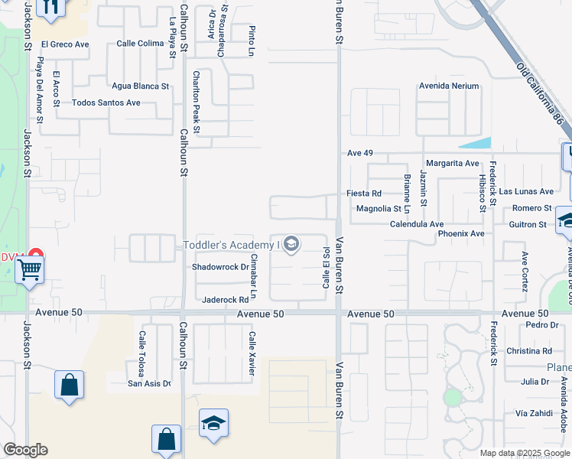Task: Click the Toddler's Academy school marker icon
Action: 291,245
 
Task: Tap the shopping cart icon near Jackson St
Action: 29,269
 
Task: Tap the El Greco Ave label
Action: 66,44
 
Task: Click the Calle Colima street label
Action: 140,44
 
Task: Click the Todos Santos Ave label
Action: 106,103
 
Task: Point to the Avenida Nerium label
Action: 448,86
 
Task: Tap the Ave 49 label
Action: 359,154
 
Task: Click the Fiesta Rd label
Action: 364,194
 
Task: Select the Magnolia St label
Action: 379,209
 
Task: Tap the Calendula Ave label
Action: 417,224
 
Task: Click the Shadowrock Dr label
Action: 220,267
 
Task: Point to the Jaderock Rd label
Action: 226,300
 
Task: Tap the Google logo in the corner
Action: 25,450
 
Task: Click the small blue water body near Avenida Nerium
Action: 476,143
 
